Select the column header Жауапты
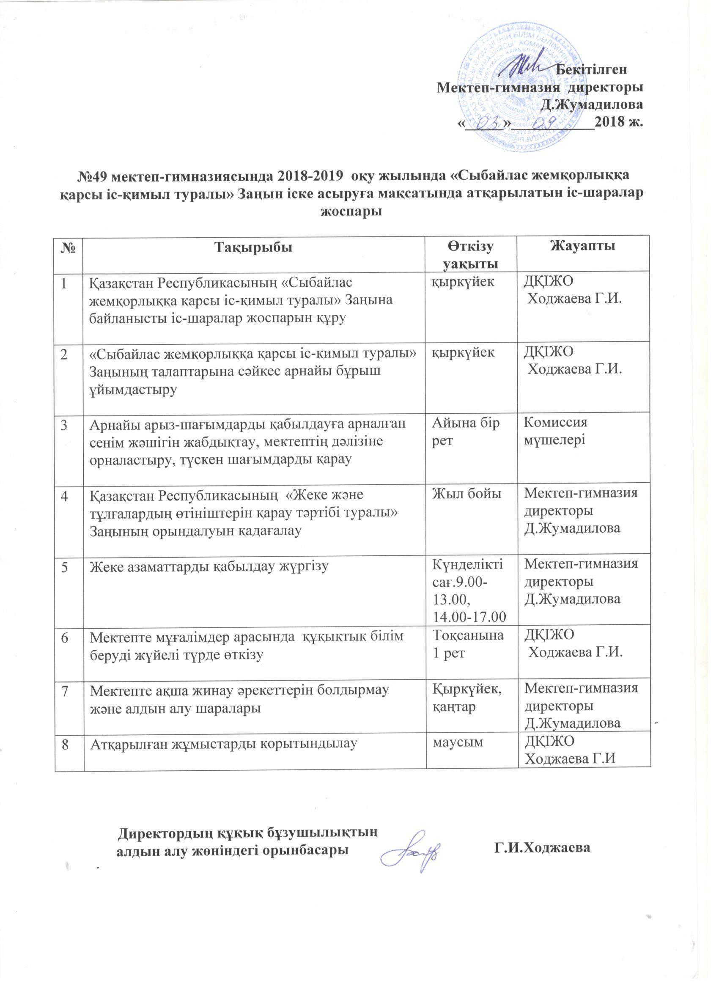583,246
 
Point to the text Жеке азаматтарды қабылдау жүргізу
209,566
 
